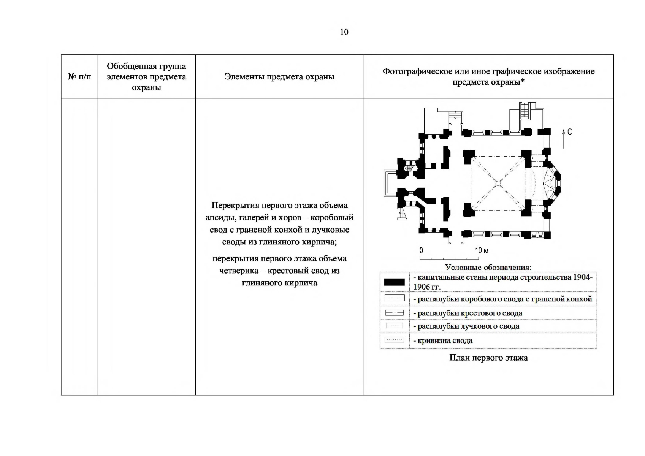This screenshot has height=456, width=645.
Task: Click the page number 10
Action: [344, 32]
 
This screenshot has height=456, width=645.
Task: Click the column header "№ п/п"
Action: [79, 77]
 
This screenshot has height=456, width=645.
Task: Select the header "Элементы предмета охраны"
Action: [279, 77]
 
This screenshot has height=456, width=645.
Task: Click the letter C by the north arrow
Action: [569, 132]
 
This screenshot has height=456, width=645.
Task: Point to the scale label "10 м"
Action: [481, 250]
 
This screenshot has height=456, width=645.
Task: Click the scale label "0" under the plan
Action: [421, 250]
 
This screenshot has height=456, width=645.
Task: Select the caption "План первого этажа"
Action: [488, 358]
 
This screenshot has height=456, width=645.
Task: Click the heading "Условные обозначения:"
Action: [488, 268]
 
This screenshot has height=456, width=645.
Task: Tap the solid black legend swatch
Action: [394, 282]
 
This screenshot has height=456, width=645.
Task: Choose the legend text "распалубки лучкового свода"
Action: [468, 326]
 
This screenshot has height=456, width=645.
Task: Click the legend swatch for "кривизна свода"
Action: [394, 340]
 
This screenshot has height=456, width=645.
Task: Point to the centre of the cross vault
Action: [498, 183]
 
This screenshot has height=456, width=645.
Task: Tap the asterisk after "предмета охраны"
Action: [522, 82]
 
